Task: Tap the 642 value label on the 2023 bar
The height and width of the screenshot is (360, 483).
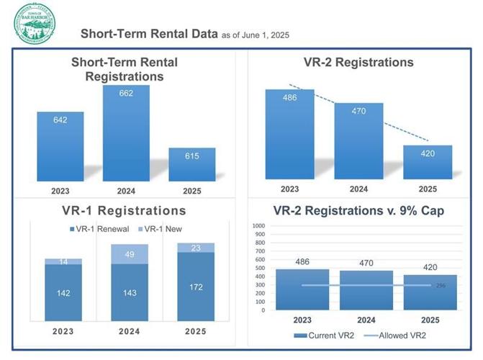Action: tap(60, 120)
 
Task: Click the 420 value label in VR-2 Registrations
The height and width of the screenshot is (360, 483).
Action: tap(428, 153)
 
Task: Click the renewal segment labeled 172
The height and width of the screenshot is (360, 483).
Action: tap(196, 287)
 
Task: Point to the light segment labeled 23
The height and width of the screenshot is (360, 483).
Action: tap(196, 248)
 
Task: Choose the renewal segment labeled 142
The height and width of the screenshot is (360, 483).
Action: tap(63, 293)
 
